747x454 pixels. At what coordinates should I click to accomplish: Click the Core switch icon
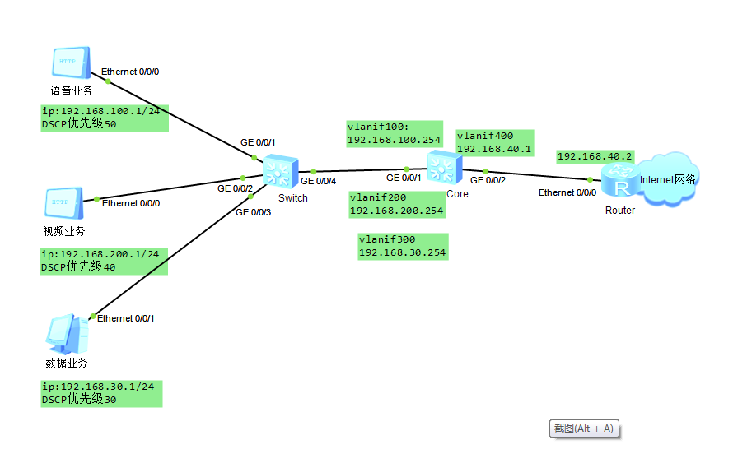(x=445, y=168)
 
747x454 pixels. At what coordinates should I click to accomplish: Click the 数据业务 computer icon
(x=67, y=334)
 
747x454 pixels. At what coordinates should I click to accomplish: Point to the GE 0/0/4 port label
(x=318, y=181)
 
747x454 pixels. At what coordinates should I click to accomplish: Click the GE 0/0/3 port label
(x=253, y=212)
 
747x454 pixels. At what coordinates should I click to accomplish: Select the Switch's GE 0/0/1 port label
(x=258, y=142)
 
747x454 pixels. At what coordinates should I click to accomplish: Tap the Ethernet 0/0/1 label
(x=126, y=318)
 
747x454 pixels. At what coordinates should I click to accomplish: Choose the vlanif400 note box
(x=496, y=142)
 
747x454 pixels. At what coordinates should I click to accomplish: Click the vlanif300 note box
(x=402, y=246)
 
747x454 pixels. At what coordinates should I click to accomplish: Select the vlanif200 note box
(x=396, y=204)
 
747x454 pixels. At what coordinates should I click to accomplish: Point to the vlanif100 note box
(x=394, y=133)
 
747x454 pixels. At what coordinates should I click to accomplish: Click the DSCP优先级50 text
(x=79, y=124)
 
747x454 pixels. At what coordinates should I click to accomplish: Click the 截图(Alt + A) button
(x=583, y=429)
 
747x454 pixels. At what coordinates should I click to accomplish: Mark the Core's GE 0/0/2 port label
(x=488, y=180)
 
